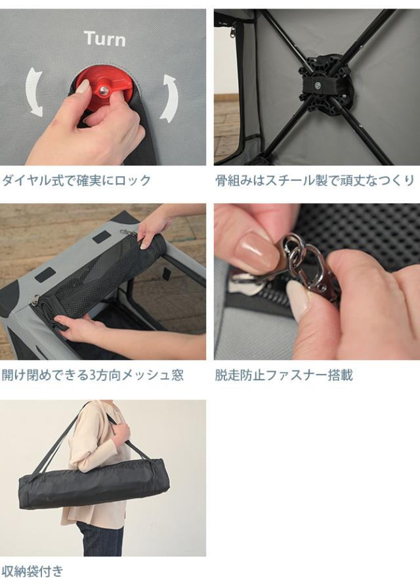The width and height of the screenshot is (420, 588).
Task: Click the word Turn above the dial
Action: coord(105,39)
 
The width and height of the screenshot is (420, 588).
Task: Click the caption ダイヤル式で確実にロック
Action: coord(76,181)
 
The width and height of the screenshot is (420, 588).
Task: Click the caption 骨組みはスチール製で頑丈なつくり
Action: coord(315,181)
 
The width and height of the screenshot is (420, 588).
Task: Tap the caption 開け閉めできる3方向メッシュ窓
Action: coord(93,375)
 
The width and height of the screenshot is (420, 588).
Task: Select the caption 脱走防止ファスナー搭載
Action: coord(283,375)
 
